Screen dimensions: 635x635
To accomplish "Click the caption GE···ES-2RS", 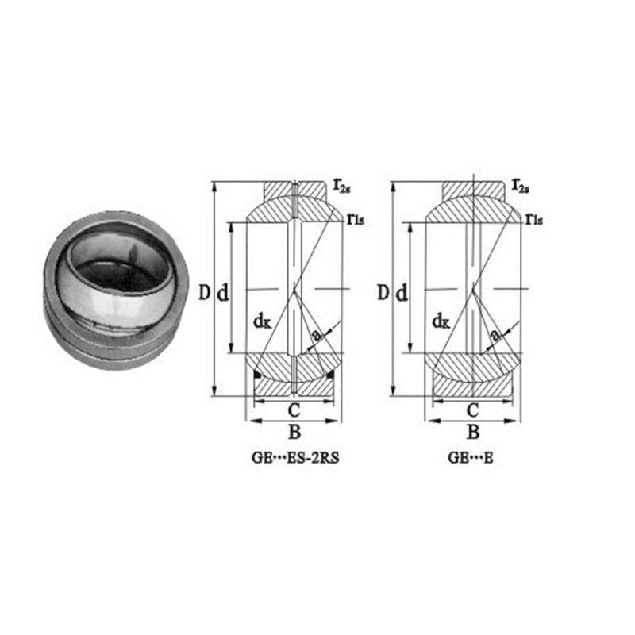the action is (294, 458).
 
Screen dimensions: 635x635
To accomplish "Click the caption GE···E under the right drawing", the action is (471, 458).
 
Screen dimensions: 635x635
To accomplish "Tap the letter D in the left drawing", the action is (205, 292).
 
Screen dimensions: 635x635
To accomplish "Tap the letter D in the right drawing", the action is (383, 292).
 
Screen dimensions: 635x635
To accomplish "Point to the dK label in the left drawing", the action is (263, 321).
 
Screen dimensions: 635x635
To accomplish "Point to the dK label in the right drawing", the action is (441, 321).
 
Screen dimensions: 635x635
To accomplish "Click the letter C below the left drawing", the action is (294, 410).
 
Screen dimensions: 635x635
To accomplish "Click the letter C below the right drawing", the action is (472, 410).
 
